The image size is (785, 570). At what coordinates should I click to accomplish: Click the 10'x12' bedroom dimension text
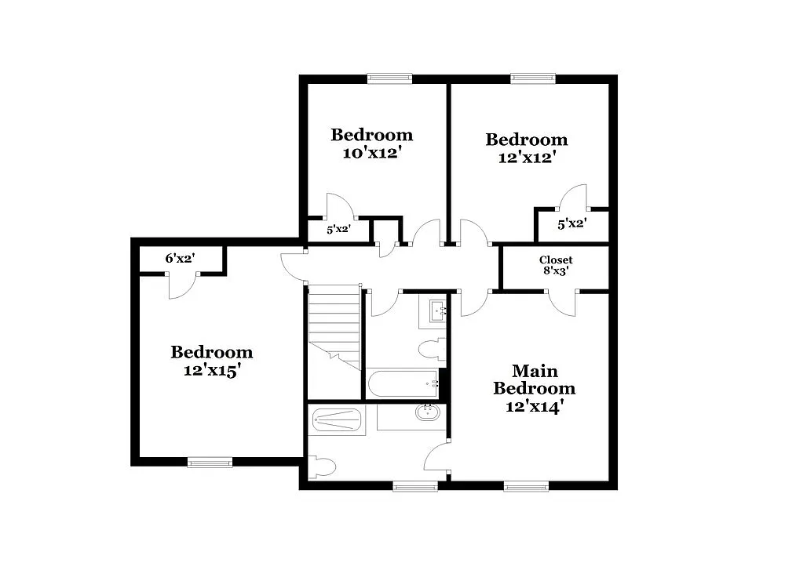point(371,153)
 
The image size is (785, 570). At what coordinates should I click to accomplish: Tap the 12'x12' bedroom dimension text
point(526,157)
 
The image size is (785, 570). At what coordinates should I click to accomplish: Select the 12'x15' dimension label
point(211,370)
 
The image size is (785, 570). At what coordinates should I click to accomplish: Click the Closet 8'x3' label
point(555,265)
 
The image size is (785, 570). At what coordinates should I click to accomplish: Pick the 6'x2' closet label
point(180,258)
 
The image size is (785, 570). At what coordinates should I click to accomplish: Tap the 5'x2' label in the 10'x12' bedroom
point(338,231)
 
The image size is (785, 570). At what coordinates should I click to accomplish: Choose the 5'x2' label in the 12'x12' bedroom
point(571,224)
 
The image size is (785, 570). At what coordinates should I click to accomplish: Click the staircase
point(334,325)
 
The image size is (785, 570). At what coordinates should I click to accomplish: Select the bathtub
point(403,384)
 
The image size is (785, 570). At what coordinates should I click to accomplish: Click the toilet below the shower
point(323,468)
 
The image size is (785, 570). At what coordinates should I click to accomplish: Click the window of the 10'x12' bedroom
point(390,78)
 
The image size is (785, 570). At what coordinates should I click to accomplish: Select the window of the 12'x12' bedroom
point(533,78)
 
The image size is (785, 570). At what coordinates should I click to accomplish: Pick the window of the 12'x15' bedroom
point(210,463)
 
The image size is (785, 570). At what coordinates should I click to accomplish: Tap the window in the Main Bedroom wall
point(525,486)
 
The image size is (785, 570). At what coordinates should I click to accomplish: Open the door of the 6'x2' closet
point(181,285)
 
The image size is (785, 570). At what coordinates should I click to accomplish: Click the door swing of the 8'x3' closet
point(562,304)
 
